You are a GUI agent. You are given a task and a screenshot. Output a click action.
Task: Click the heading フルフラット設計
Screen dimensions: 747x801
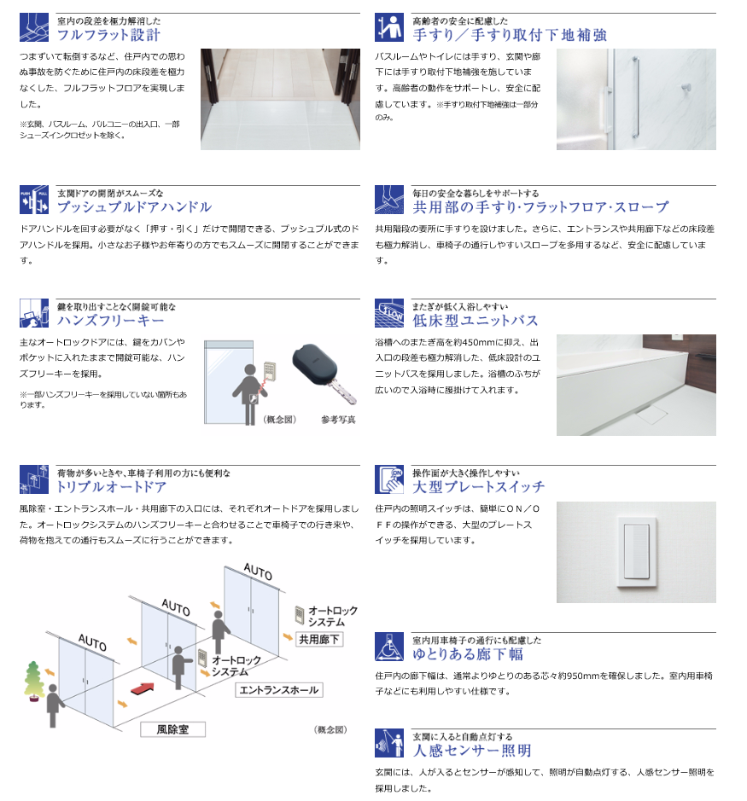108,35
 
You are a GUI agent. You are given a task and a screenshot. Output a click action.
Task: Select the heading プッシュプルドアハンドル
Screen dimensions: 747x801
134,207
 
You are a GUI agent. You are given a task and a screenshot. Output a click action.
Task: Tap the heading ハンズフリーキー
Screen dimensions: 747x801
110,320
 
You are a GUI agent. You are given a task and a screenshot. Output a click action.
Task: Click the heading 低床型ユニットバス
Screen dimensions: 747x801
476,320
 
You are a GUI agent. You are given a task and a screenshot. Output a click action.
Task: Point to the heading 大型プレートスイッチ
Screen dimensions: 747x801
479,487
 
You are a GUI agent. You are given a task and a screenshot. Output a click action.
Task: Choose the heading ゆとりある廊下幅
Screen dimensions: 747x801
468,654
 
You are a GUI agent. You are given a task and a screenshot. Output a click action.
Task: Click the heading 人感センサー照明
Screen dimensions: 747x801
472,751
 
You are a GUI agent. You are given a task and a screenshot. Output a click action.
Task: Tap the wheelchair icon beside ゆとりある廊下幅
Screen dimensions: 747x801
389,647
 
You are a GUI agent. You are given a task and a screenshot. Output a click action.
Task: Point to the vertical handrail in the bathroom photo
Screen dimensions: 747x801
635,97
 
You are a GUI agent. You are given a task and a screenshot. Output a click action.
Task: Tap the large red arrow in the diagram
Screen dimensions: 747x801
143,688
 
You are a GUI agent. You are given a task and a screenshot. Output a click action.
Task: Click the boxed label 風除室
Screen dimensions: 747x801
172,729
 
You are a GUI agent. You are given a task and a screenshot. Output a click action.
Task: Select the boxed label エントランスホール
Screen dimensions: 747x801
278,690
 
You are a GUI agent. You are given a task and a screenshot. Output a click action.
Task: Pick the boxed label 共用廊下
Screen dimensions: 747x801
319,639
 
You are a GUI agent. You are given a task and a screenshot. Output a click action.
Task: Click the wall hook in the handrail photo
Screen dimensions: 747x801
686,88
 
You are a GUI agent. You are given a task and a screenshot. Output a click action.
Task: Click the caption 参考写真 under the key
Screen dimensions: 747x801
338,420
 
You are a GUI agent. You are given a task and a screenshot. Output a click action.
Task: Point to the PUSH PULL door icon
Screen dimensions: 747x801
34,200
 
